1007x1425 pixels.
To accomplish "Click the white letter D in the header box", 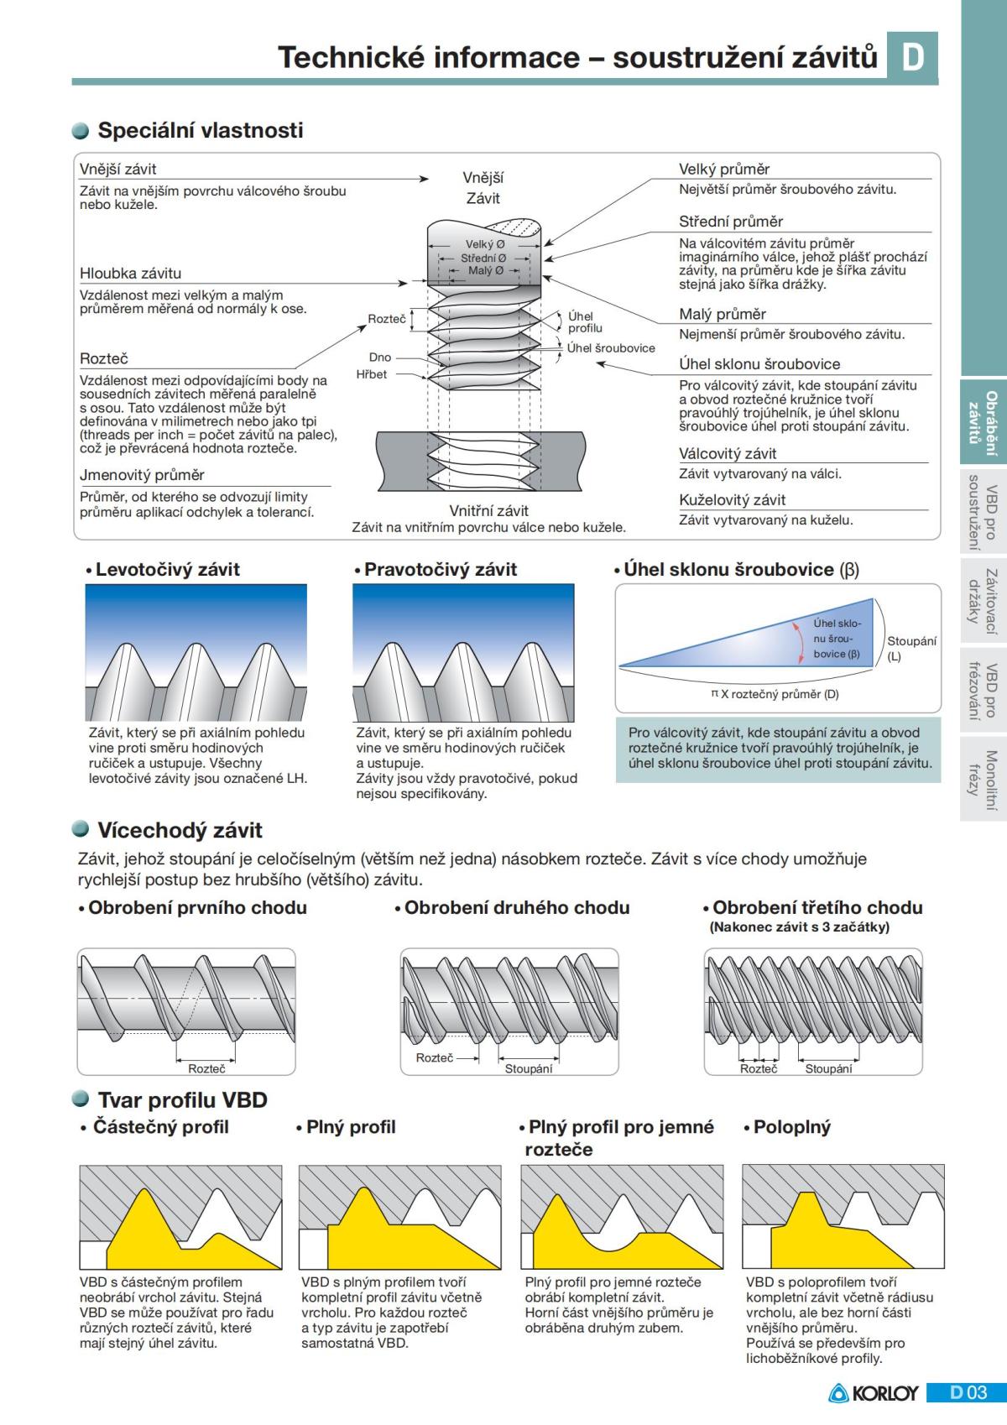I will coord(912,57).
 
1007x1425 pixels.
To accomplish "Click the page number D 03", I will coord(968,1393).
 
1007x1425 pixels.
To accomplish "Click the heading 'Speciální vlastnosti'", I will coord(200,130).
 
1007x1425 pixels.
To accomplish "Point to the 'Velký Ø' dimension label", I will coord(484,244).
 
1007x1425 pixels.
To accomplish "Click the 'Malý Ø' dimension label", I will coord(484,270).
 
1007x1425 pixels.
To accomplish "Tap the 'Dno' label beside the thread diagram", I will coord(379,358).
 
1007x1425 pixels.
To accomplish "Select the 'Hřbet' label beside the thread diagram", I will coord(371,374).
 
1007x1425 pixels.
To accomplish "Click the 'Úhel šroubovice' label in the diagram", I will coord(611,347).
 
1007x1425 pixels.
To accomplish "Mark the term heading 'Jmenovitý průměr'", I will coord(142,475).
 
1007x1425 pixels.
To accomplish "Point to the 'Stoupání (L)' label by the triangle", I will coord(910,648).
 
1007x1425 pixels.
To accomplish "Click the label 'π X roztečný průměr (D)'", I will coord(775,694).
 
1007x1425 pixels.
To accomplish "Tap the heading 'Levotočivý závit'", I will coord(167,569).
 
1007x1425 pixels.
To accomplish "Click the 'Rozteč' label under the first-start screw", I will coord(206,1068).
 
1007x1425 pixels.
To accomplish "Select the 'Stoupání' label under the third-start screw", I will coord(828,1068).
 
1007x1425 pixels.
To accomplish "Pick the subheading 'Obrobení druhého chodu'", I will coord(516,907).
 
